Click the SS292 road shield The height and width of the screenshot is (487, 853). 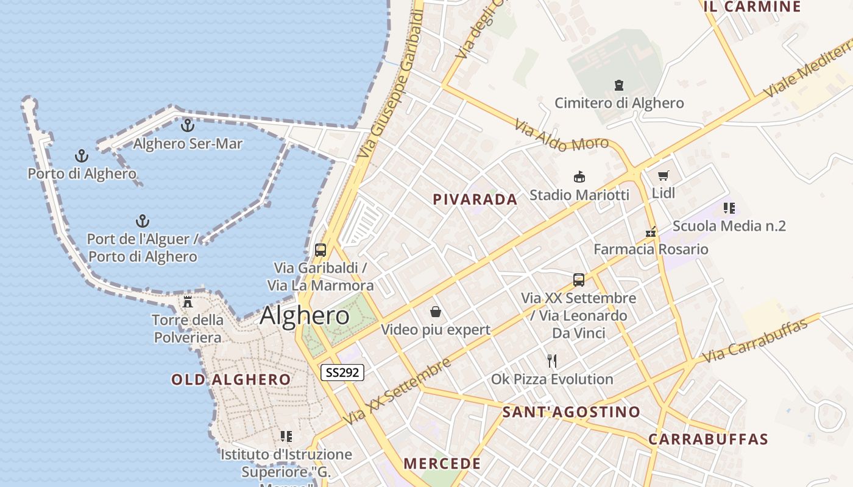coord(342,373)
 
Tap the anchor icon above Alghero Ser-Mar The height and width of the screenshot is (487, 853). coord(188,125)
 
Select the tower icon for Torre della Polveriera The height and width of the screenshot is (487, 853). coord(188,301)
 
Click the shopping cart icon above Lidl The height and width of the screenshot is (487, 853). coord(664,176)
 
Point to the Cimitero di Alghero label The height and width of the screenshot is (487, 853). coord(619,103)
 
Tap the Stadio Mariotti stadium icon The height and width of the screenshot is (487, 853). coord(579,177)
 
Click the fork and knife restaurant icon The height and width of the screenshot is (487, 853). coord(552,360)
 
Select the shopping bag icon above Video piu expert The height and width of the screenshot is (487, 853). coord(436,312)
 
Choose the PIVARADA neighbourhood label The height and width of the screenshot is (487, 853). coord(475,199)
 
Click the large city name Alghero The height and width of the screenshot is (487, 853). coord(305,315)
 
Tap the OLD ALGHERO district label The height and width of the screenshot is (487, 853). coord(231,380)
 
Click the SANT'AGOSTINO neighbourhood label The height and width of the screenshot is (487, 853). coord(571,412)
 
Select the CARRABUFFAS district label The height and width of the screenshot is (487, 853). coord(708,439)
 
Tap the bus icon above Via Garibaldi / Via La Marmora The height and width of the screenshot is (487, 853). coord(320,250)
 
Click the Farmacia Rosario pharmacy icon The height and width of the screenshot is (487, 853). coord(651,232)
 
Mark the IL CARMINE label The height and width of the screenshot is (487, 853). coord(752,7)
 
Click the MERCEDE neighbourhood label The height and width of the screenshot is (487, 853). coord(442,463)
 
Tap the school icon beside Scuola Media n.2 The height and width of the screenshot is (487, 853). coord(729,208)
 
